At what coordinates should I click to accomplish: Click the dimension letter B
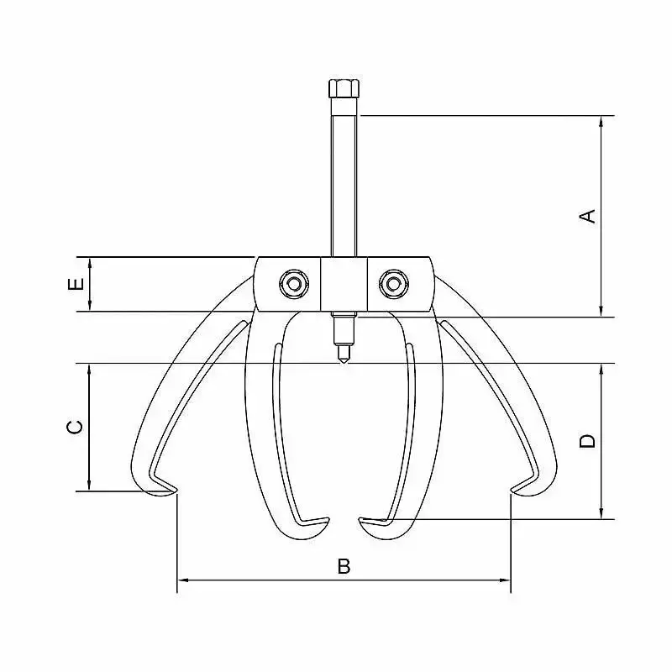pos(344,566)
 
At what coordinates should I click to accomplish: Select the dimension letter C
pos(76,427)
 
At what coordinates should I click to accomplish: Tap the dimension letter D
pos(587,441)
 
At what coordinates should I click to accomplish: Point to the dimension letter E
pos(76,284)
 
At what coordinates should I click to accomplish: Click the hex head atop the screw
pos(344,88)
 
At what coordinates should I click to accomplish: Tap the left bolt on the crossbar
pos(293,284)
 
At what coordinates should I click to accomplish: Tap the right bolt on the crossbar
pos(394,284)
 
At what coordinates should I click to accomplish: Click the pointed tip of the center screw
pos(344,363)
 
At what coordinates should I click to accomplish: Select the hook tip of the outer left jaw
pos(176,490)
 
